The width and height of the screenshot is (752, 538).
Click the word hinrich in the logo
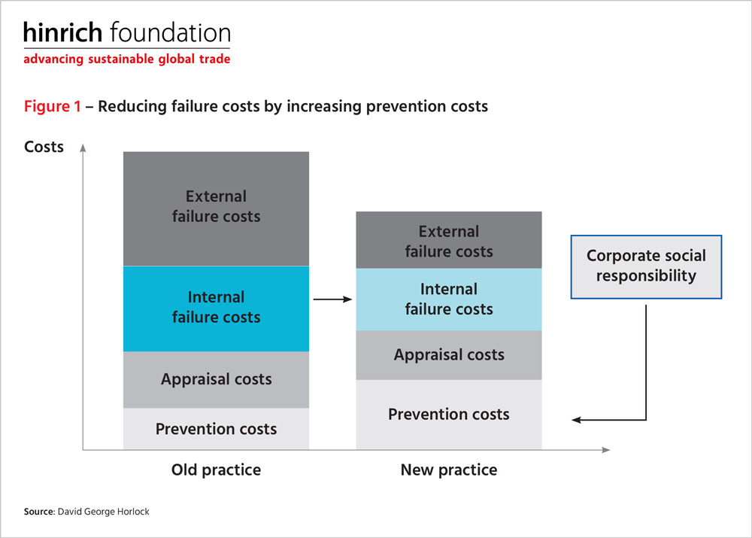(x=63, y=32)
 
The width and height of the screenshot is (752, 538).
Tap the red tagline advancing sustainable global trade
(x=127, y=59)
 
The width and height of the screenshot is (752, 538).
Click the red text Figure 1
(x=53, y=106)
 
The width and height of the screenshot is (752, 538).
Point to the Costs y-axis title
(x=44, y=147)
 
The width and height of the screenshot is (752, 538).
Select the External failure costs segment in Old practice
(x=217, y=208)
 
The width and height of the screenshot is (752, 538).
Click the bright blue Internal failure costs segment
(x=217, y=309)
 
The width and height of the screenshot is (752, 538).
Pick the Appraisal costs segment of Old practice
(x=217, y=380)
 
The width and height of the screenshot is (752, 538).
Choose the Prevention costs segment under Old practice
(x=217, y=429)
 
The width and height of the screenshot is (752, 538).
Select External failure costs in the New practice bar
(x=449, y=240)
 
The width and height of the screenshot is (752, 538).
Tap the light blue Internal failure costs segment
(x=449, y=299)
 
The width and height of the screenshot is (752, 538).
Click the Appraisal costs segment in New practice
(x=449, y=355)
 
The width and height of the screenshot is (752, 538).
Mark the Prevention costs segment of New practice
(x=449, y=415)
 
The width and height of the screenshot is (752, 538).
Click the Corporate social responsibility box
(x=646, y=267)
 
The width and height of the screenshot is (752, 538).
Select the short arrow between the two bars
(x=332, y=299)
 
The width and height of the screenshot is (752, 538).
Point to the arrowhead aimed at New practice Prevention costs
(x=577, y=420)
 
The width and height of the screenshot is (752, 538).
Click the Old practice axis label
(x=217, y=470)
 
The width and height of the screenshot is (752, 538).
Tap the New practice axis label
(x=449, y=470)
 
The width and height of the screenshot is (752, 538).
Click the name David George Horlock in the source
(x=104, y=512)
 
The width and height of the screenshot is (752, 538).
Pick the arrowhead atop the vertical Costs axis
(x=83, y=147)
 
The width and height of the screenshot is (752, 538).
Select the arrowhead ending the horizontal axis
(x=605, y=450)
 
